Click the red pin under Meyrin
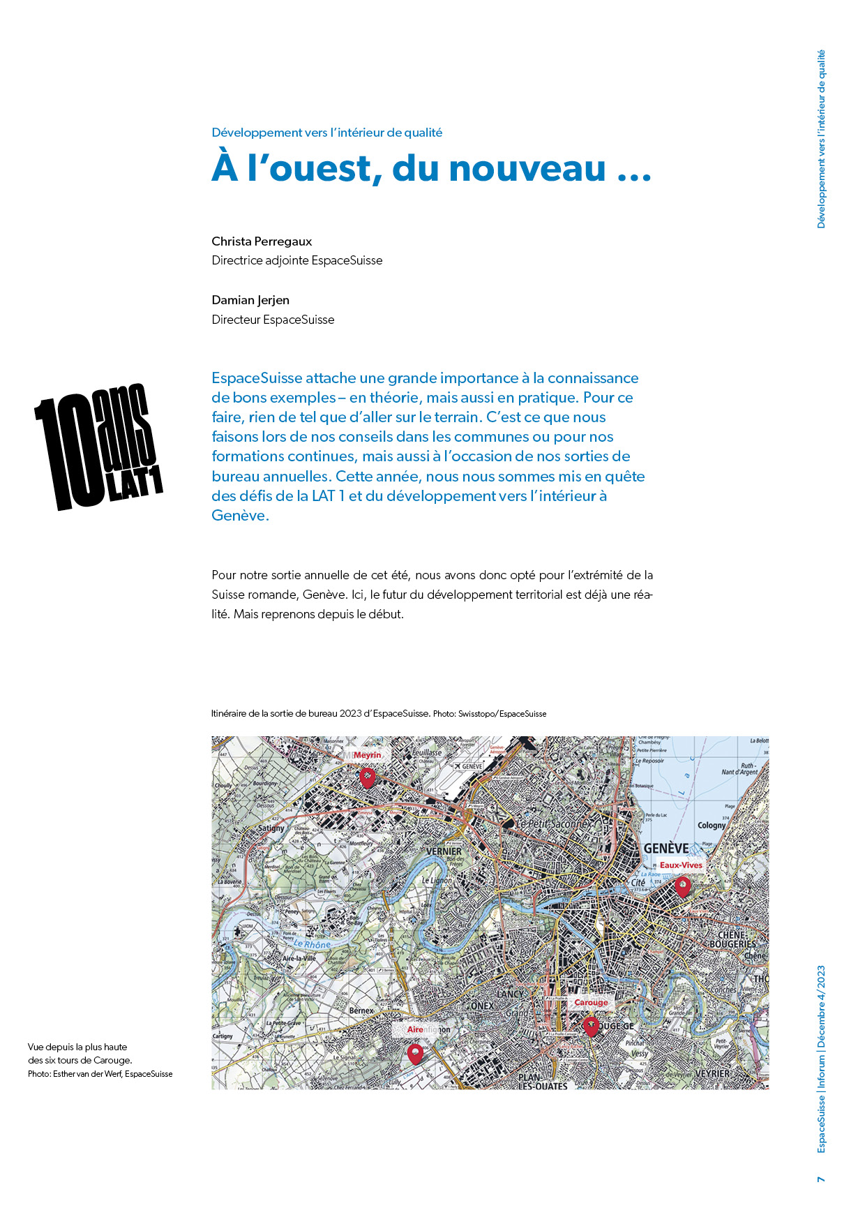click(367, 777)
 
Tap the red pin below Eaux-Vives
click(682, 886)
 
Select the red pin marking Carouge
click(591, 1026)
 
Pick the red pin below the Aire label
click(415, 1052)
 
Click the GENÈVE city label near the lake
click(665, 849)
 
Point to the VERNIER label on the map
click(444, 851)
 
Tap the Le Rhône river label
click(312, 945)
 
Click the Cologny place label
click(712, 825)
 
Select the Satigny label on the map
click(271, 828)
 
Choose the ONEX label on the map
click(482, 1006)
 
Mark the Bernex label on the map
click(361, 1010)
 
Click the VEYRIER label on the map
click(712, 1073)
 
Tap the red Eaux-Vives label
click(681, 865)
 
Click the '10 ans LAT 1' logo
click(98, 447)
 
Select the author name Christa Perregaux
click(262, 241)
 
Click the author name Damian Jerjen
click(250, 300)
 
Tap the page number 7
click(821, 1179)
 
